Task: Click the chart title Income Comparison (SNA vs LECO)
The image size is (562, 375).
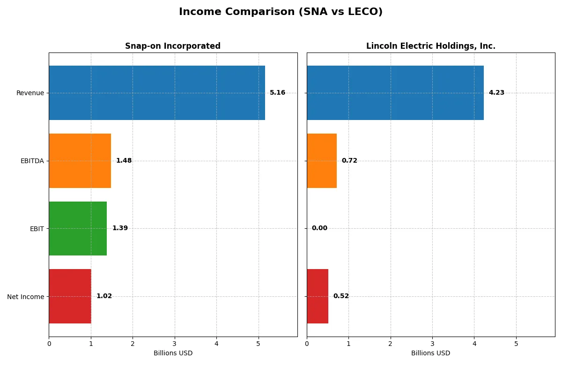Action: tap(281, 12)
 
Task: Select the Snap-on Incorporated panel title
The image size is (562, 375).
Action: tap(172, 46)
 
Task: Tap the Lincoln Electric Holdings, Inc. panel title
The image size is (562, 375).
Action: tap(430, 46)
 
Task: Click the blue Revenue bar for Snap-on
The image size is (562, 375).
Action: tap(157, 93)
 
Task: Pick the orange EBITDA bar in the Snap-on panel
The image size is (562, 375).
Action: tap(80, 161)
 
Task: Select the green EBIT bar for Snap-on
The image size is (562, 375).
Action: tap(78, 228)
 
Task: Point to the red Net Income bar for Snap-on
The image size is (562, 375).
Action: tap(70, 296)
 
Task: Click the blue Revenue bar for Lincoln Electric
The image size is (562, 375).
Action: tap(395, 93)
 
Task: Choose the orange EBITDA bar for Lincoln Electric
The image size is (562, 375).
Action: tap(322, 161)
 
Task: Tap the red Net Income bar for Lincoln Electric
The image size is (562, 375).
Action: tap(318, 296)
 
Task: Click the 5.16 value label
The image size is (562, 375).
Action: tap(277, 93)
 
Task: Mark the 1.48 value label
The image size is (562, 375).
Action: tap(124, 161)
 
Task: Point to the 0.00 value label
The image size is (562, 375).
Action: tap(319, 228)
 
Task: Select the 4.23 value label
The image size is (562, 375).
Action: tap(496, 93)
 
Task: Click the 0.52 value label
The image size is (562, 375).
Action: tap(341, 296)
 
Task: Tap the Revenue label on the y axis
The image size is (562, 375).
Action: tap(30, 93)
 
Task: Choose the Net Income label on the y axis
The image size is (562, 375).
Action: tap(26, 297)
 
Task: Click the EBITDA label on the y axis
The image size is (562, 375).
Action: tap(32, 161)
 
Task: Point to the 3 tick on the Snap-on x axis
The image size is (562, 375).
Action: tap(175, 344)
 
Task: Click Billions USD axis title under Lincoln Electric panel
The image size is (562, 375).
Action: tap(430, 353)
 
